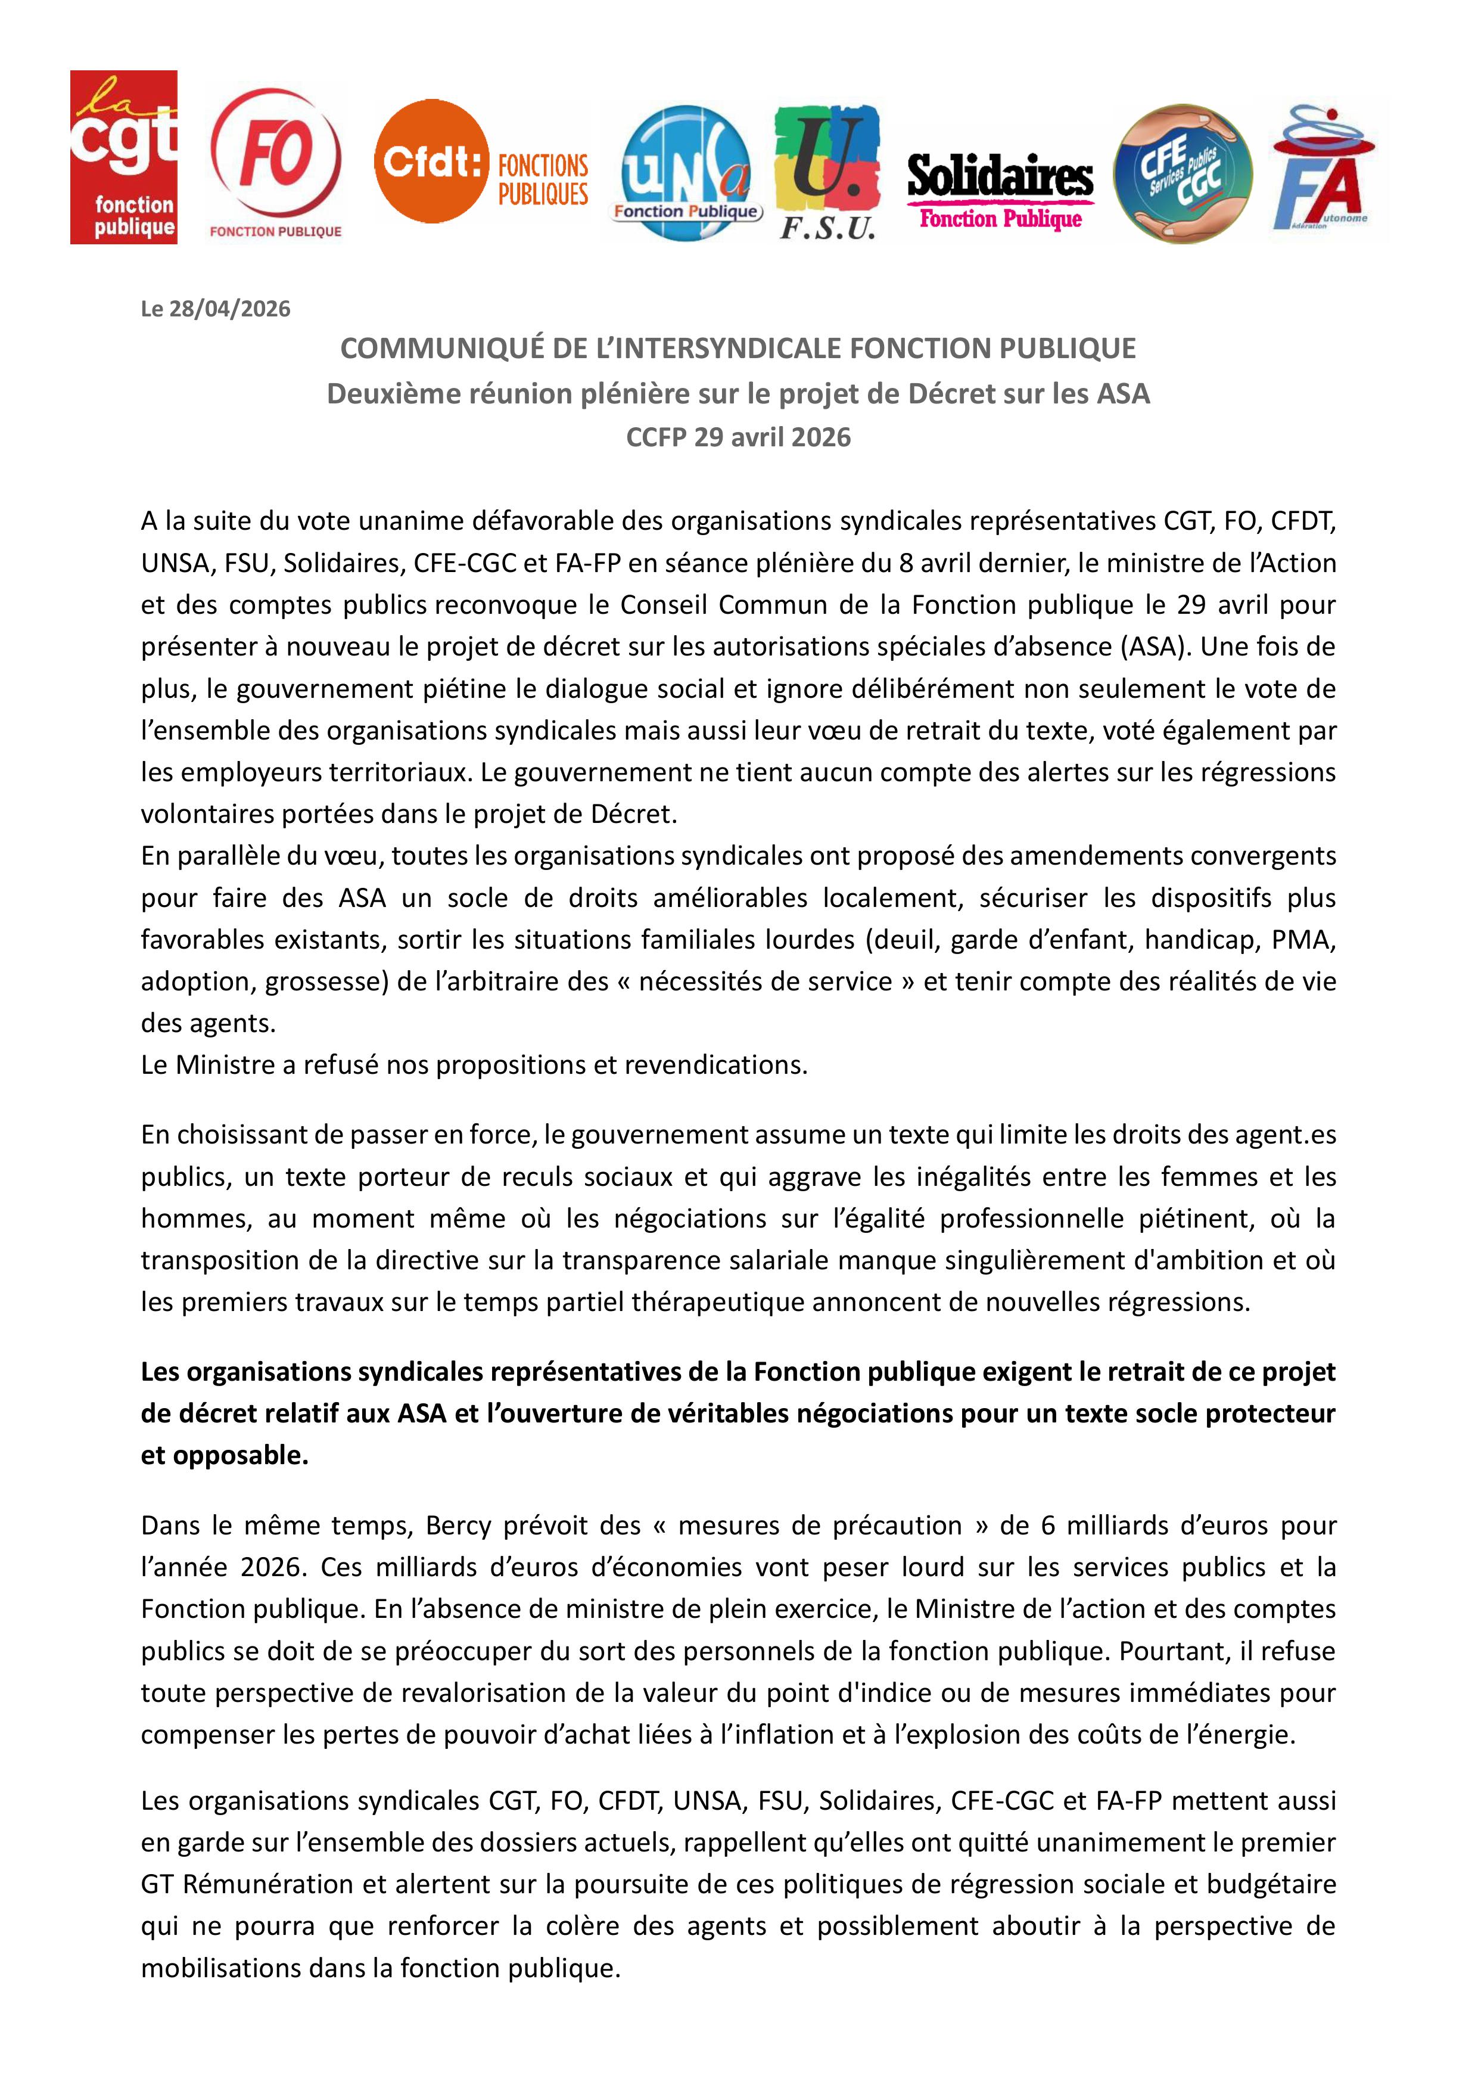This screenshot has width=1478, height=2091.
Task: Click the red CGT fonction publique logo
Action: click(124, 157)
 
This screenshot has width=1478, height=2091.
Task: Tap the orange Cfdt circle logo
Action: click(430, 161)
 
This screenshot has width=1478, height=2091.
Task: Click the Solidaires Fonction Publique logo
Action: click(1000, 191)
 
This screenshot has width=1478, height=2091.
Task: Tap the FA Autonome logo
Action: click(1325, 171)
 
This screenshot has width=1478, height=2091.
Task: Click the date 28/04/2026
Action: click(229, 309)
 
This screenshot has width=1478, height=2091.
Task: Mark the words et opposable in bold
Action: click(224, 1455)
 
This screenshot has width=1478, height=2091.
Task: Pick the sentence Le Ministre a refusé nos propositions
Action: click(474, 1065)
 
